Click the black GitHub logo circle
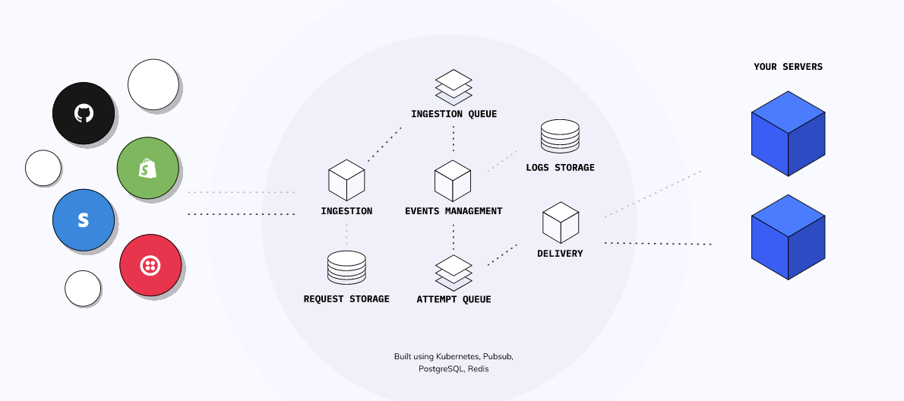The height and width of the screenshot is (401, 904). click(x=84, y=114)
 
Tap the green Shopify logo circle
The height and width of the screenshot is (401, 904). click(x=147, y=169)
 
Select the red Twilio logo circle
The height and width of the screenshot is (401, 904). click(x=150, y=266)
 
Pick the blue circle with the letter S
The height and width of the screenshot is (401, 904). click(x=84, y=220)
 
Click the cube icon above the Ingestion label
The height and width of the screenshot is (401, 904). click(x=346, y=180)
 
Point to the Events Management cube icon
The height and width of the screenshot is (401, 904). click(x=454, y=180)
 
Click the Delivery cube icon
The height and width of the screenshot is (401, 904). click(x=561, y=222)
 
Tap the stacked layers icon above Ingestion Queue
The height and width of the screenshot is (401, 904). click(x=454, y=87)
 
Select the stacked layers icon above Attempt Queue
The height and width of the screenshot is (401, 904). click(x=454, y=273)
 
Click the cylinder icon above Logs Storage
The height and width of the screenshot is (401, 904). click(x=560, y=137)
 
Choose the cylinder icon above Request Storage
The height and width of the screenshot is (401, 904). click(x=346, y=268)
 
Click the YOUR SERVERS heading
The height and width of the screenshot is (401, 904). click(x=788, y=67)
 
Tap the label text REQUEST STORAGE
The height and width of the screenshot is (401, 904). click(x=346, y=299)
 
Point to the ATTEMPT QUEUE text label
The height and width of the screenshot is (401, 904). click(x=454, y=299)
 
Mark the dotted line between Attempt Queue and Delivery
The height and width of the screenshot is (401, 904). click(x=502, y=254)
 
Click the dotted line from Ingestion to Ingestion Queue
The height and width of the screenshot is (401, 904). click(x=384, y=144)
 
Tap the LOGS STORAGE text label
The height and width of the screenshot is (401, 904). click(x=560, y=167)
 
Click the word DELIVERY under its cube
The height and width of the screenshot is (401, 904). click(x=560, y=253)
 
